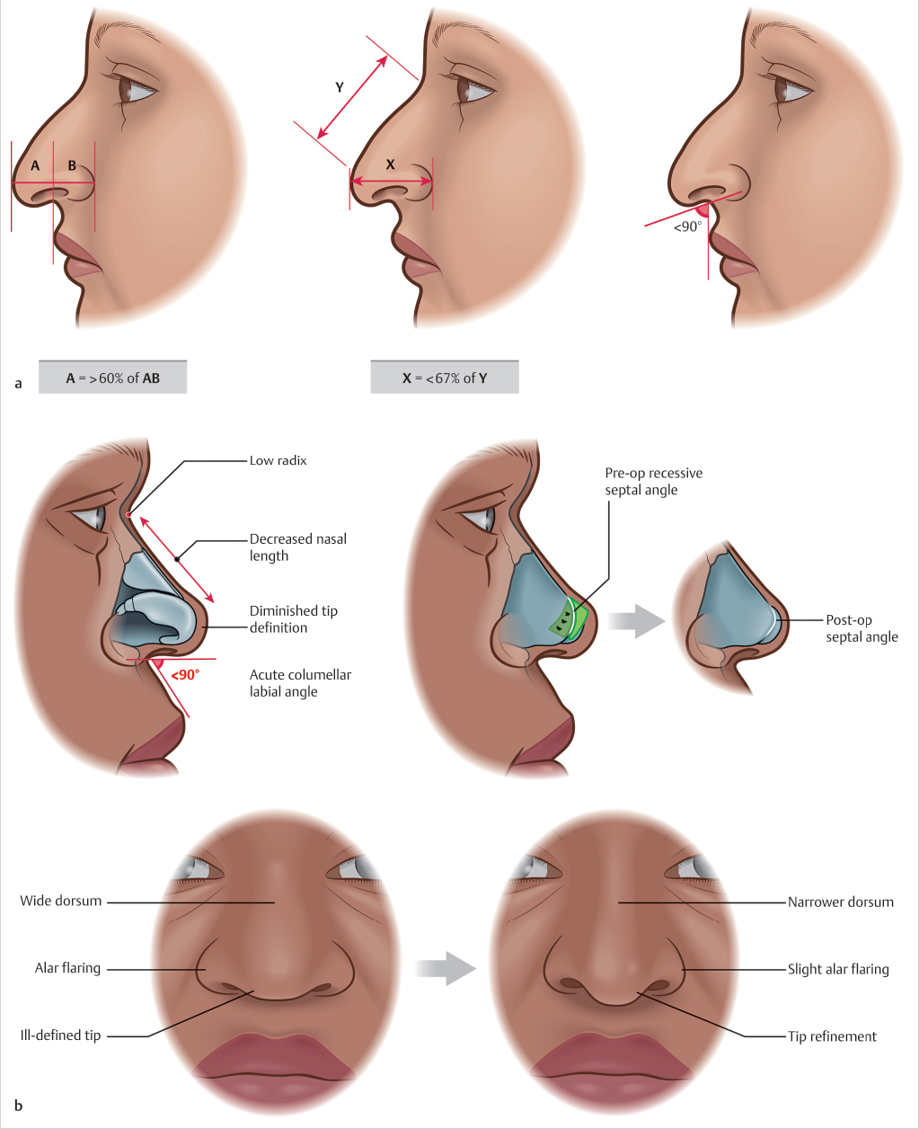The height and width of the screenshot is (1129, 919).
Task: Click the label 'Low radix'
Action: (x=278, y=461)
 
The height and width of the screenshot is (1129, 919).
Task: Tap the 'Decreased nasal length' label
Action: (x=297, y=547)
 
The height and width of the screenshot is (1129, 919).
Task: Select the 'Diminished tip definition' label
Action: (x=293, y=619)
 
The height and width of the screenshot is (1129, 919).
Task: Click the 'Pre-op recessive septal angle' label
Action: (x=653, y=482)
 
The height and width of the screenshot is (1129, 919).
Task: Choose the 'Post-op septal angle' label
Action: (x=862, y=628)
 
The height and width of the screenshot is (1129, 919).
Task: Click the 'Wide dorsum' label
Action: (x=61, y=901)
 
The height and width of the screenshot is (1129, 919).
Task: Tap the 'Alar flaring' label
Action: (x=67, y=968)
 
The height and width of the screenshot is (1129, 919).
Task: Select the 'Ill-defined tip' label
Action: (x=61, y=1036)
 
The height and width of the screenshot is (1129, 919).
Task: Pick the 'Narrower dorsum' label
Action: (x=840, y=902)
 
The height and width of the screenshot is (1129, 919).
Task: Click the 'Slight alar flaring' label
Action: (x=838, y=969)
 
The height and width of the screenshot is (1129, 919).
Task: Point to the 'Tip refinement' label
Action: (x=832, y=1036)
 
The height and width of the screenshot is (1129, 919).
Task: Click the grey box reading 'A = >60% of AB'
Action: (x=112, y=378)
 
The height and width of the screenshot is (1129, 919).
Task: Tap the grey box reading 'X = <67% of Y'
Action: (x=445, y=378)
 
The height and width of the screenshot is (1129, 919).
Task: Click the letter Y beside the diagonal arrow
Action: (x=340, y=87)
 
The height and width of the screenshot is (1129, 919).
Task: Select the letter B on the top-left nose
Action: (x=72, y=165)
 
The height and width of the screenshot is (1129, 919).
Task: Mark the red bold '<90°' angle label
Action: (x=185, y=671)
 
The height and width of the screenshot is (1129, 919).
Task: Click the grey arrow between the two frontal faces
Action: (x=446, y=968)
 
